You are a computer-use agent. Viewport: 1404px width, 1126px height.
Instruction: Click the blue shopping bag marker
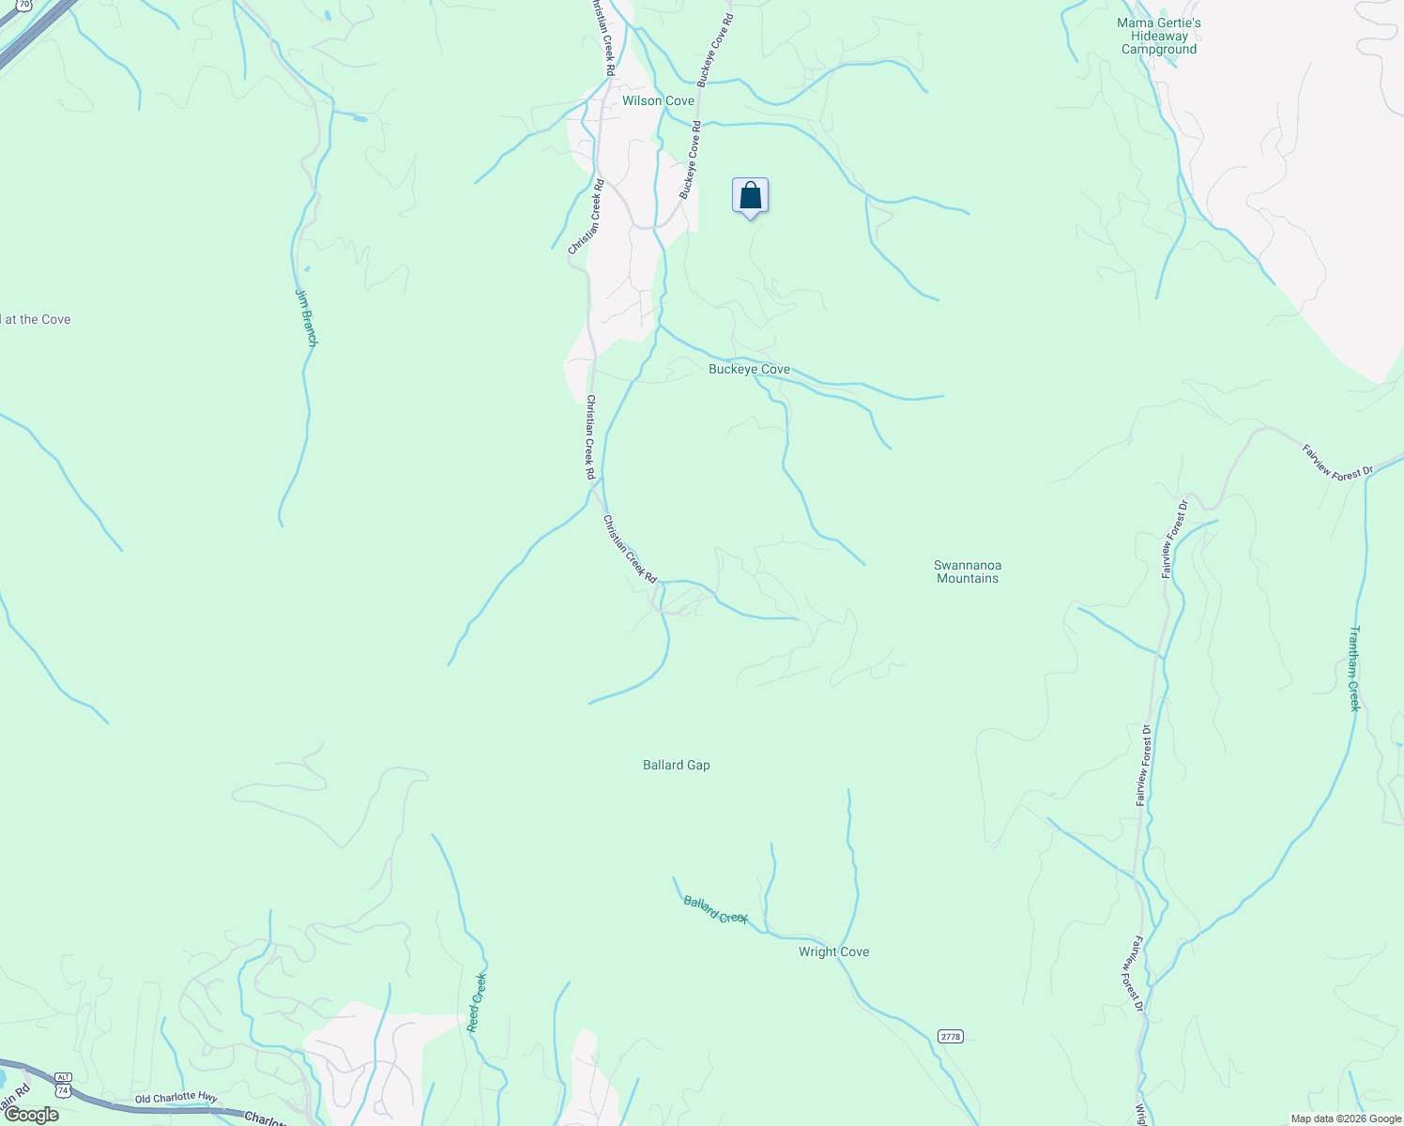[x=750, y=196]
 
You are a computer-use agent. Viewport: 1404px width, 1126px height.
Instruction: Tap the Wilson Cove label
[x=658, y=100]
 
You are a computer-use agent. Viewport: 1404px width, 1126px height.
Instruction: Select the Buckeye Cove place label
[x=749, y=369]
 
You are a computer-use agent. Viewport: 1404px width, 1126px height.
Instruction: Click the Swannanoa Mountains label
[x=968, y=571]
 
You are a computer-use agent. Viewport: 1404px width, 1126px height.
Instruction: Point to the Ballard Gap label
[x=676, y=765]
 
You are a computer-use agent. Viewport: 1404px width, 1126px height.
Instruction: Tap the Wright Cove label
[x=833, y=951]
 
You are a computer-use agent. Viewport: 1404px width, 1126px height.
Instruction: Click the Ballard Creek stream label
[x=715, y=910]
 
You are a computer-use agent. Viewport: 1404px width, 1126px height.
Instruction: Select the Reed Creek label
[x=478, y=1002]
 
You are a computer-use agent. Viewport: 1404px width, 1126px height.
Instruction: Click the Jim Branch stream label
[x=307, y=317]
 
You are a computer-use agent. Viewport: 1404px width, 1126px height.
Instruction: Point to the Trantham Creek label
[x=1354, y=668]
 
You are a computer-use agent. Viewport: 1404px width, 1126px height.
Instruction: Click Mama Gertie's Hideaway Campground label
[x=1159, y=36]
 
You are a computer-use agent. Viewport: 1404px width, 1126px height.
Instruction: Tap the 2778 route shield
[x=950, y=1036]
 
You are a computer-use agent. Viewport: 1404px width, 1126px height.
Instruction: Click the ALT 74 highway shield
[x=63, y=1084]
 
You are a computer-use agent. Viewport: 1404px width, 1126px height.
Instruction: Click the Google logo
[x=30, y=1115]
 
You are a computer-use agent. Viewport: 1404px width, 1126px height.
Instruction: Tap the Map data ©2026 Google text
[x=1346, y=1118]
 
